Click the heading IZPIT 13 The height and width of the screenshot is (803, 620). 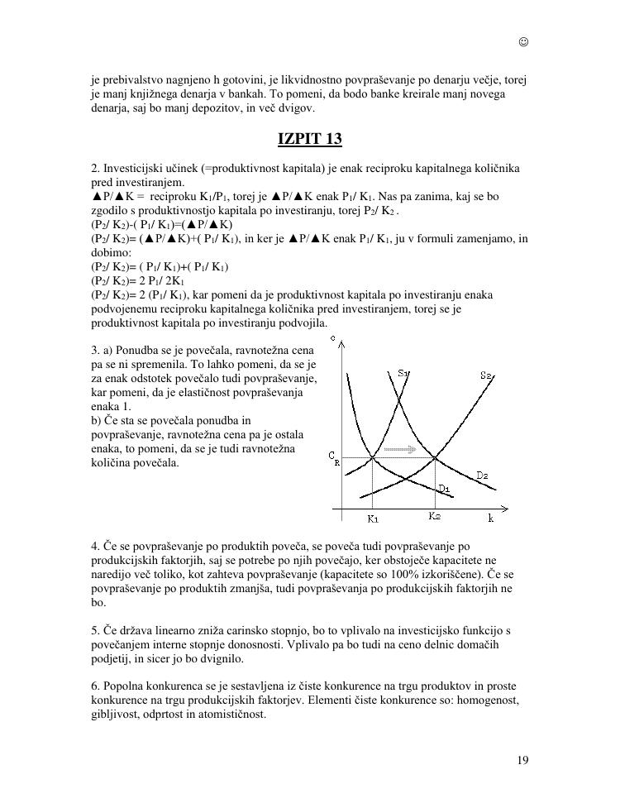309,138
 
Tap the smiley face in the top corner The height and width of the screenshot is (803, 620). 523,42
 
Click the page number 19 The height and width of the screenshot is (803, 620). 522,761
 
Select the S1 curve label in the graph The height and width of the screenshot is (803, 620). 403,374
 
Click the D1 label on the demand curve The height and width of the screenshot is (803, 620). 444,488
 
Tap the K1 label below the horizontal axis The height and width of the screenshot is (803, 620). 373,519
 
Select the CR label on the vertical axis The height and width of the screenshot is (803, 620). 333,457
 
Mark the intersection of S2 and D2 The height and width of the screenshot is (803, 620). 436,457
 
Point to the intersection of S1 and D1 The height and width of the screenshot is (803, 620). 373,457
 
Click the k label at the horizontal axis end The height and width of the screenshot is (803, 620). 490,518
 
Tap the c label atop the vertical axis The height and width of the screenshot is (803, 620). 332,338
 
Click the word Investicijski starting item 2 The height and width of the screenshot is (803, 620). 133,169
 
